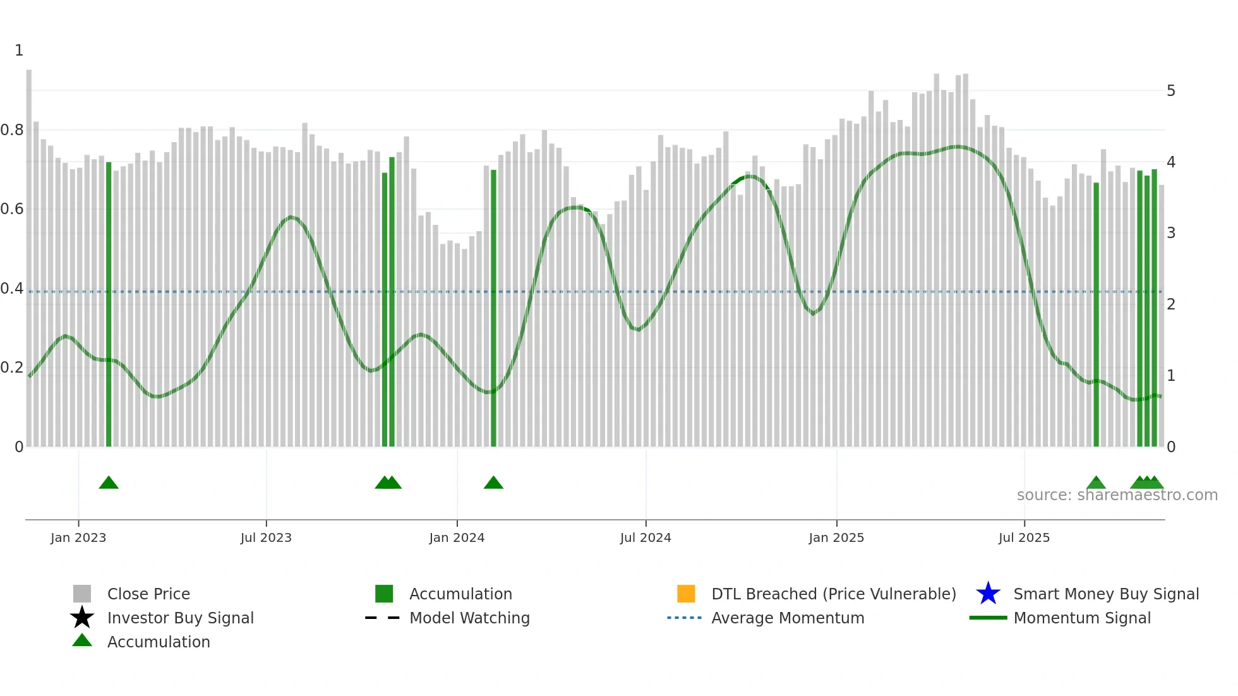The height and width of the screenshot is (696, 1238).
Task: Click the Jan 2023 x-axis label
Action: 78,537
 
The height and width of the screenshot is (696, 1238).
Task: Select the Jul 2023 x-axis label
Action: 266,537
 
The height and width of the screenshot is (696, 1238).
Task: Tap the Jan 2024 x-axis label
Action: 457,537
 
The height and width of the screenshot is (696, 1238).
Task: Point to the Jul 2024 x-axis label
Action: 646,537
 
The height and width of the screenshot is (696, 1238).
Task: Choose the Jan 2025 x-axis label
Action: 836,537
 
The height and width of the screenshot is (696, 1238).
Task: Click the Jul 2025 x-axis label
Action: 1024,537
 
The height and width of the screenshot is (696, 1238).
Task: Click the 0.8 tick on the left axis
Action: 13,130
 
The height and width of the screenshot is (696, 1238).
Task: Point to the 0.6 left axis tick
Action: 13,209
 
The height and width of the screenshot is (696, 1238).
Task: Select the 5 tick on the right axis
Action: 1171,91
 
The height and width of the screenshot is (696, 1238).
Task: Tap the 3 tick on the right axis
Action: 1171,233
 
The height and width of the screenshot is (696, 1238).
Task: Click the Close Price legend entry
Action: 148,594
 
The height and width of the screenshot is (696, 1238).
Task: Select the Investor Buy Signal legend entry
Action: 180,618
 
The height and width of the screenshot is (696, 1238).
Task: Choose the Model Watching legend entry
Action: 469,618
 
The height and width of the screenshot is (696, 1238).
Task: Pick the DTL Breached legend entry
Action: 833,594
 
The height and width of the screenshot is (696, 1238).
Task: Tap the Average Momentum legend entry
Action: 788,618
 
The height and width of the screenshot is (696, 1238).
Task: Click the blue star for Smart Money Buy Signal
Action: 988,594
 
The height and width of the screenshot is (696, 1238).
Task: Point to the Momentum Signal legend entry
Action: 1082,618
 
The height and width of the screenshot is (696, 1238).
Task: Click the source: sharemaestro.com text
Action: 1117,495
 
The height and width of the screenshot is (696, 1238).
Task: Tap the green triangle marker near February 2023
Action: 109,483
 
